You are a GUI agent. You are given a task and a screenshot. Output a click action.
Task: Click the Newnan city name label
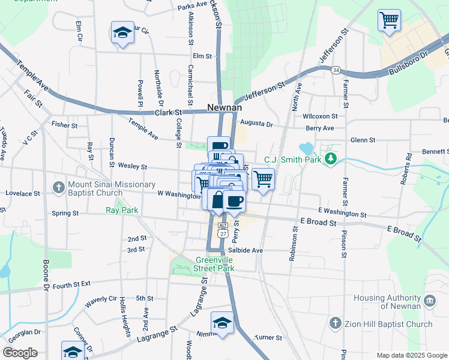[x=224, y=107]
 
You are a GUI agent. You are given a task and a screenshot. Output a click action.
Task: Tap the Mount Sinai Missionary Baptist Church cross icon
[x=58, y=187]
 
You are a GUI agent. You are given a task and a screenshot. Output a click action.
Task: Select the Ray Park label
[x=122, y=211]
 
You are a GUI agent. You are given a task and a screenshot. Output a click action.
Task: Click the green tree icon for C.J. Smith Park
[x=330, y=158]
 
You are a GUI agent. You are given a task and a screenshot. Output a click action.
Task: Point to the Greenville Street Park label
[x=214, y=265]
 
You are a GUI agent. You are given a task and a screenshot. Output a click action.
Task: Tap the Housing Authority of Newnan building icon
[x=429, y=301]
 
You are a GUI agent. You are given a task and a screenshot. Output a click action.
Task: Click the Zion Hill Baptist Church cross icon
[x=336, y=324]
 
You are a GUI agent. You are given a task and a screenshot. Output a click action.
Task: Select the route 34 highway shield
[x=336, y=70]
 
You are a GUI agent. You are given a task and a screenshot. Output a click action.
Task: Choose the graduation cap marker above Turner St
[x=222, y=322]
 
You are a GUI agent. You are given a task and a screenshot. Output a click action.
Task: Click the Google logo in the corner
[x=20, y=353]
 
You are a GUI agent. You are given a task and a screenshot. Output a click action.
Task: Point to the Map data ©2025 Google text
[x=411, y=355]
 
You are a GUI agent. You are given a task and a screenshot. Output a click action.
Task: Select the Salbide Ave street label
[x=246, y=250]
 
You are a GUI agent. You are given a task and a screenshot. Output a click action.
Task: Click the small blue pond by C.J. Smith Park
[x=306, y=148]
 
